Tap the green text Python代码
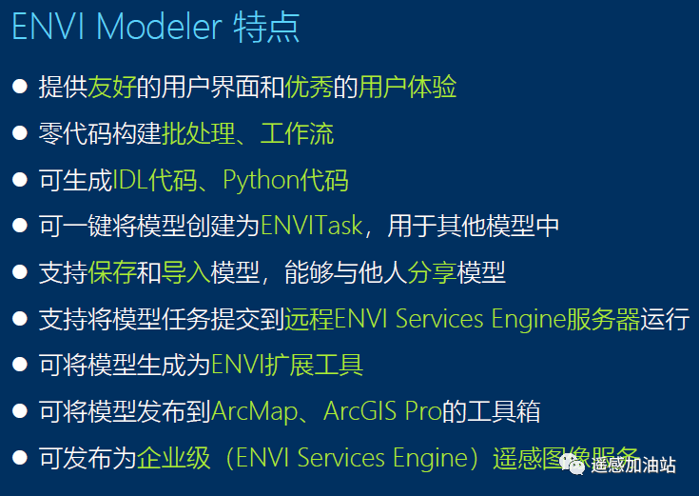285,180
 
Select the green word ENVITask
311,227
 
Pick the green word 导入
185,272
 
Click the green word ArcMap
252,411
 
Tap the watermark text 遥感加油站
632,465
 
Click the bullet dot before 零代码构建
19,134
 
